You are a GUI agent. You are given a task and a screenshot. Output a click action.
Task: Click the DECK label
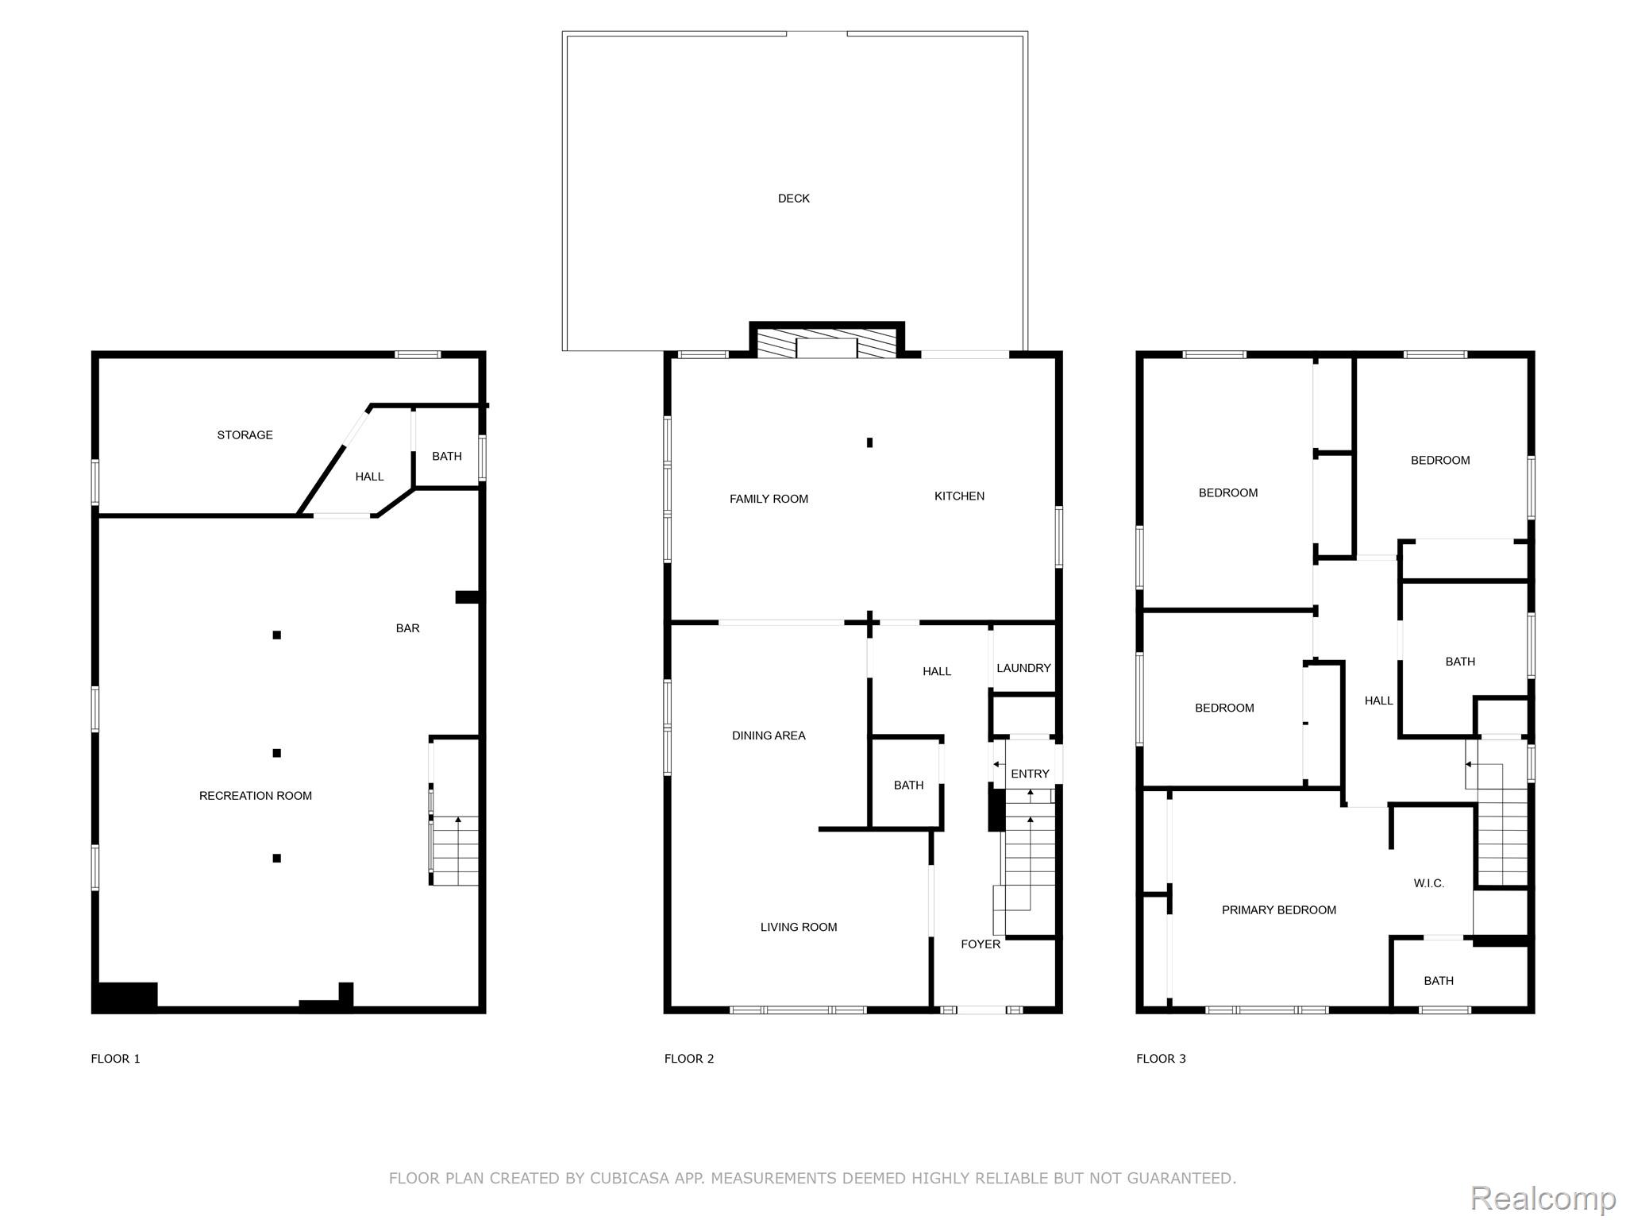(793, 199)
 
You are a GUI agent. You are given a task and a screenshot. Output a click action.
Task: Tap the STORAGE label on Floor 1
(245, 435)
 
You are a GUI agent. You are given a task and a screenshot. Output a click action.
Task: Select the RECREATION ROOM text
(255, 796)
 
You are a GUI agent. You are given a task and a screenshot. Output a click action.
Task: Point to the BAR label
(407, 628)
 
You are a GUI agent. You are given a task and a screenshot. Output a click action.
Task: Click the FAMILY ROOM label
(769, 499)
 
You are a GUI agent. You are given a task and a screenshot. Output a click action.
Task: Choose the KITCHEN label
(959, 496)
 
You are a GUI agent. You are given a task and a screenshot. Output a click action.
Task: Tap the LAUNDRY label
(1023, 668)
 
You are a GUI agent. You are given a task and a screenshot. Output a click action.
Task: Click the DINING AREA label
(769, 735)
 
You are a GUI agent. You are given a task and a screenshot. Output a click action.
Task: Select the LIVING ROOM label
(799, 927)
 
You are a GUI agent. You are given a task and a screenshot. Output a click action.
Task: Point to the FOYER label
(981, 944)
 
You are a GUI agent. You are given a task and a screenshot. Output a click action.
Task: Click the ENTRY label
(1030, 774)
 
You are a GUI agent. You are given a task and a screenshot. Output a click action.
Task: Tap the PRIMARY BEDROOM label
(1278, 910)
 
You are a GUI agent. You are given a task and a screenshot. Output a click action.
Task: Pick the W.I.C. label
(1428, 883)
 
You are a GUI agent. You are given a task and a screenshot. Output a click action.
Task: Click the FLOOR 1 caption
(115, 1059)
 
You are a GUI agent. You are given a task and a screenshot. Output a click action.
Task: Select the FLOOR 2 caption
(689, 1059)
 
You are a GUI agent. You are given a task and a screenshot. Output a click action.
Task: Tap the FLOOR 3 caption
(1161, 1059)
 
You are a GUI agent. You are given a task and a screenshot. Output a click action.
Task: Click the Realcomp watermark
(1543, 1199)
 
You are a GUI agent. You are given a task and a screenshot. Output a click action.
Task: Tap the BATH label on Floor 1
(447, 457)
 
